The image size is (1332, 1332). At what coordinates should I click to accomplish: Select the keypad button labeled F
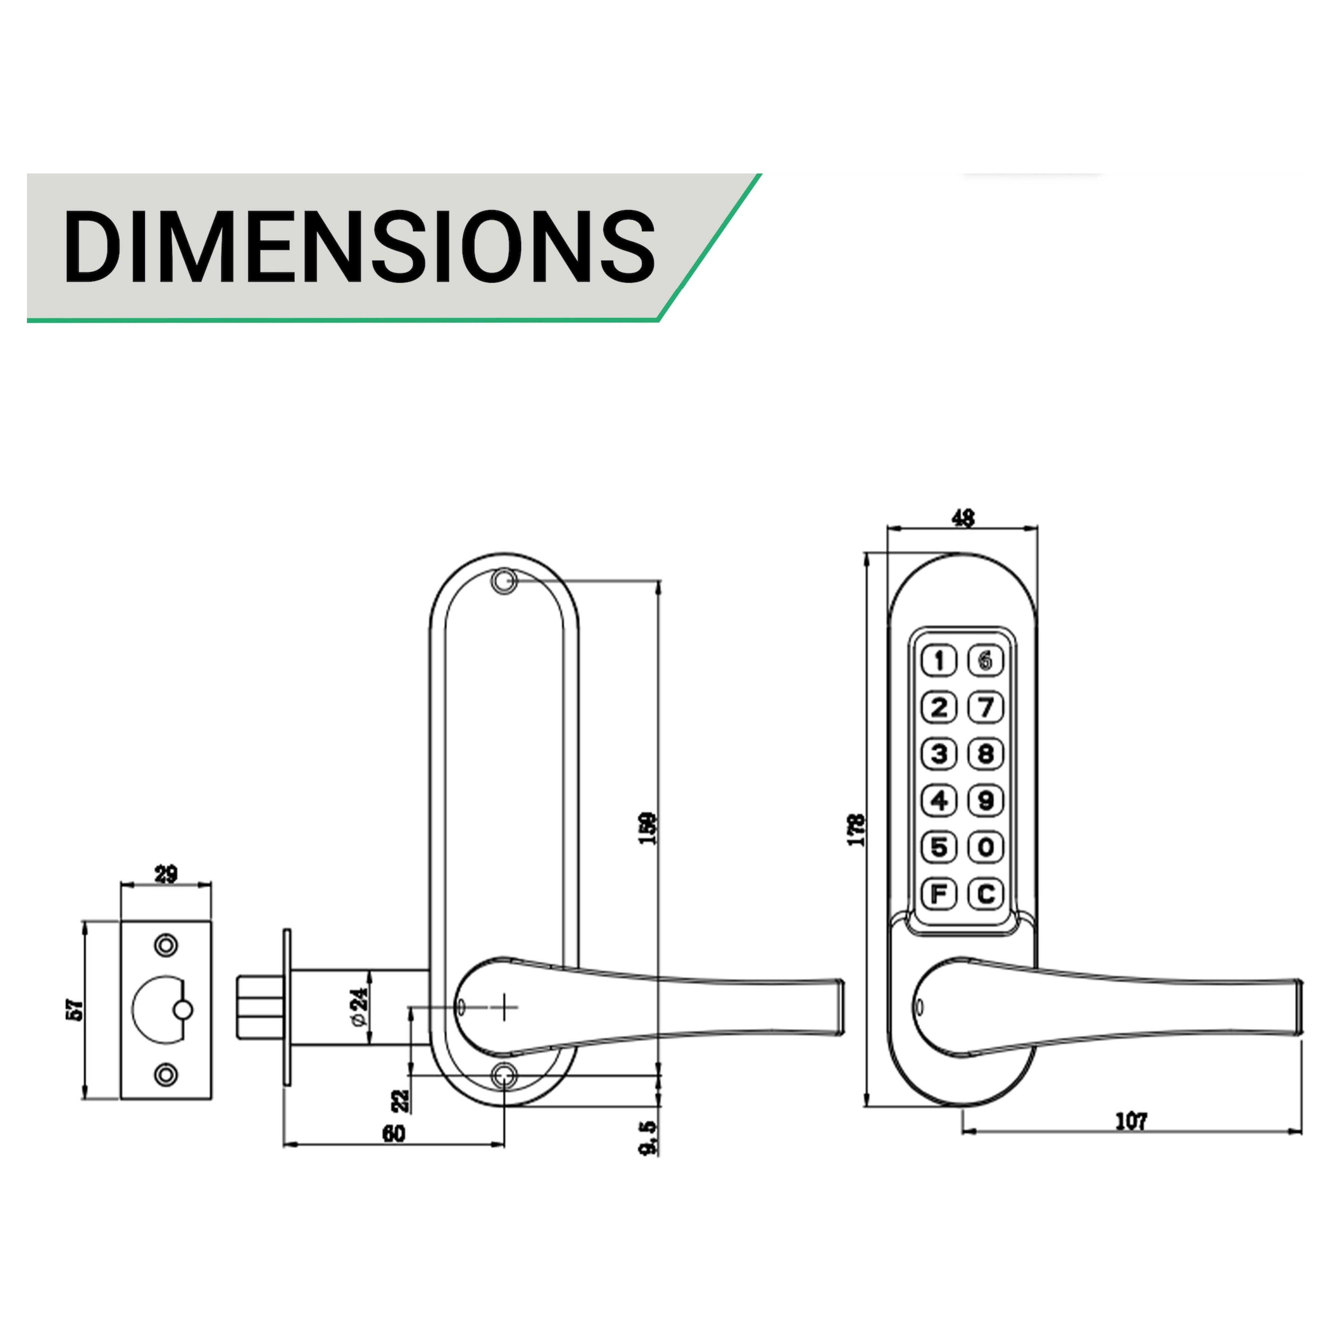(939, 894)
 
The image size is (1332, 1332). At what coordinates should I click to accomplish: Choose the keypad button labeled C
(986, 894)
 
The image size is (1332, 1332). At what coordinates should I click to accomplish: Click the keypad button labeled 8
(986, 754)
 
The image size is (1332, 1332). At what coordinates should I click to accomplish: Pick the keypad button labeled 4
(939, 801)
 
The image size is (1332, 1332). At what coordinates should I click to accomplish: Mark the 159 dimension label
(648, 829)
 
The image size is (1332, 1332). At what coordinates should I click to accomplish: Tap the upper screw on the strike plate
(166, 945)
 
